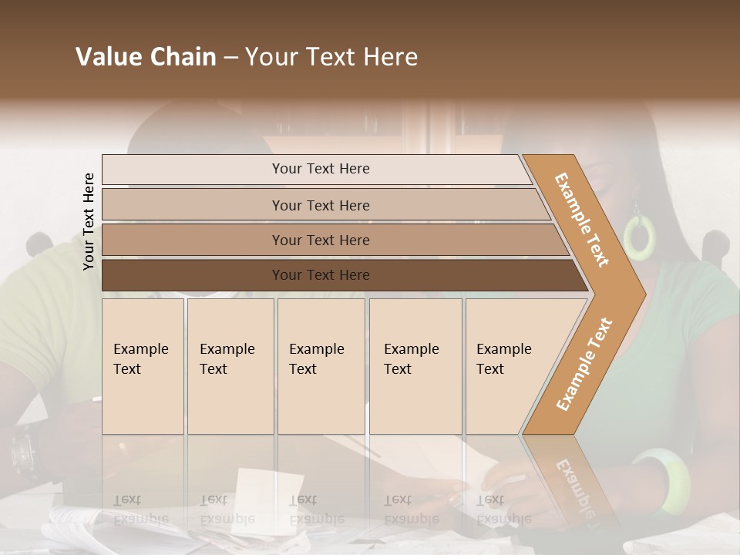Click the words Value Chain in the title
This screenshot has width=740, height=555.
point(146,57)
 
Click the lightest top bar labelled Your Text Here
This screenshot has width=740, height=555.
point(320,169)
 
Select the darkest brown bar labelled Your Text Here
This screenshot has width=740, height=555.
point(320,275)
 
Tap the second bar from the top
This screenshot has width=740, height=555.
point(320,205)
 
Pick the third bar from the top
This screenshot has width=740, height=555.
point(320,240)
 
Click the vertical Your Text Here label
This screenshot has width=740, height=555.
point(89,221)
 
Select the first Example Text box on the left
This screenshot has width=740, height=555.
point(143,366)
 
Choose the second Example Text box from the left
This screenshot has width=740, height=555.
point(230,366)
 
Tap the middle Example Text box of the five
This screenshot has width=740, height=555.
point(321,366)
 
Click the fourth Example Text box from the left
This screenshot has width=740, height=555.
point(415,366)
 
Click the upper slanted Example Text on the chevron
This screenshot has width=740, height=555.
point(582,220)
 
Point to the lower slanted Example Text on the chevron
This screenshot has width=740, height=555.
point(584,364)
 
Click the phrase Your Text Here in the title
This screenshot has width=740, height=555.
point(331,57)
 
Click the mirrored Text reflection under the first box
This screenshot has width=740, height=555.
point(127,499)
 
